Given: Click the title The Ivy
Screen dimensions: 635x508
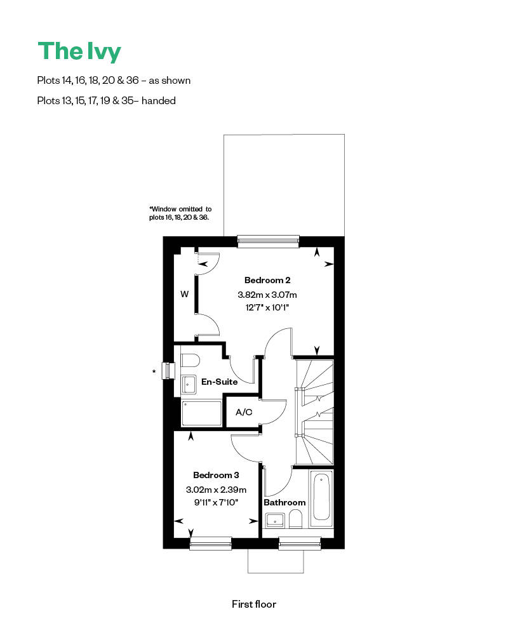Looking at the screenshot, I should point(79,52).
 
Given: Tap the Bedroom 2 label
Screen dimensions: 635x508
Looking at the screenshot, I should point(267,280).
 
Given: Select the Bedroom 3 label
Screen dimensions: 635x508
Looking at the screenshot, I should point(216,475).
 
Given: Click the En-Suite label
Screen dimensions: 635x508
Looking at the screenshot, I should point(219,382).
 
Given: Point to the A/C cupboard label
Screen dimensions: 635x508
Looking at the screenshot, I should point(244,412).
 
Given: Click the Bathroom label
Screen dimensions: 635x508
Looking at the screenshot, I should point(284,502).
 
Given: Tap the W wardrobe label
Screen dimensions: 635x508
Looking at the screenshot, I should point(184,294).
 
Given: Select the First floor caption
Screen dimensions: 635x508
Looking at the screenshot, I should point(254,604).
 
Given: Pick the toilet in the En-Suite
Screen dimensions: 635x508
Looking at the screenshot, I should point(190,360).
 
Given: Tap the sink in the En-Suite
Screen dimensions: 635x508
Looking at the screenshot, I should point(189,384).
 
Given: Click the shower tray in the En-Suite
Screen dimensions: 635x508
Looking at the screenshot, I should point(202,413).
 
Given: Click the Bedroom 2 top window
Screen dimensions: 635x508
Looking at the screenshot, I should point(268,239).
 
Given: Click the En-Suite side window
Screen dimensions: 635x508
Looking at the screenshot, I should point(169,371).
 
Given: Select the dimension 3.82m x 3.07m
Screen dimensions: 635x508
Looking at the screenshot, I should point(267,295).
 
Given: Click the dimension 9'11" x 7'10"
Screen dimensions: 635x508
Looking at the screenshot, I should point(216,502).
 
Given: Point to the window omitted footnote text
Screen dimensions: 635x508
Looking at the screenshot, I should point(180,213).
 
